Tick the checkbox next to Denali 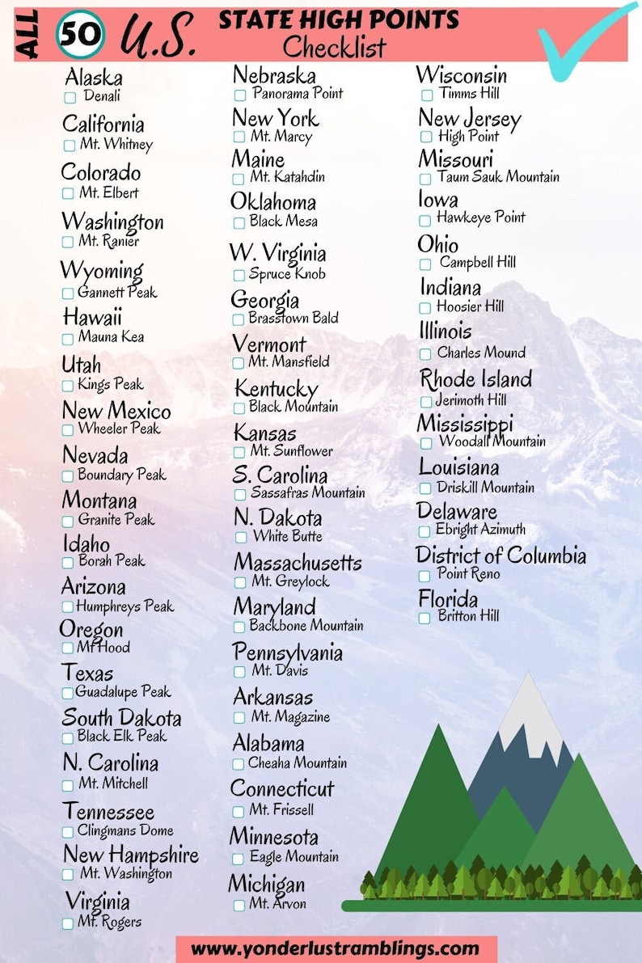(x=70, y=98)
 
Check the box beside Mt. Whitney (x=69, y=146)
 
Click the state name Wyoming (x=102, y=270)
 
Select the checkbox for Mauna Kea (x=68, y=339)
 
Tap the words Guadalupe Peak (x=123, y=691)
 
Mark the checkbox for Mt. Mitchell (x=68, y=785)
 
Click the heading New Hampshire (x=130, y=854)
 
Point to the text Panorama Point (x=298, y=94)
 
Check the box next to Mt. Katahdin (x=239, y=179)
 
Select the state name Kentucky (x=276, y=388)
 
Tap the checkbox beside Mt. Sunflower (x=239, y=453)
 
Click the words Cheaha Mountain (x=298, y=762)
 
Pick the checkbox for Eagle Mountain (x=239, y=859)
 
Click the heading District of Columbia (x=501, y=555)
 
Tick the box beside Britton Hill (x=424, y=619)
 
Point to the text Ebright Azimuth (x=480, y=530)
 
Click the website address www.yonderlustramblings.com (x=336, y=948)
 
